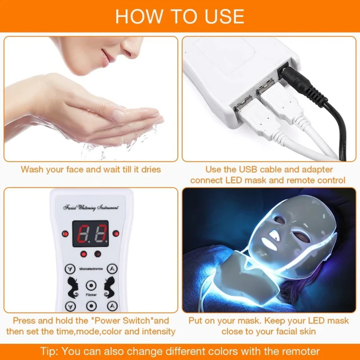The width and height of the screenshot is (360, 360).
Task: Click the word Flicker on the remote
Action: (90, 294)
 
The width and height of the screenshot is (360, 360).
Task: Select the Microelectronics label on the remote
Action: (90, 268)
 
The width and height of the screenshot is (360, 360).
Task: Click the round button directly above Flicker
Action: (90, 285)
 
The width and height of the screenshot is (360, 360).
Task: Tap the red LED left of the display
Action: (64, 233)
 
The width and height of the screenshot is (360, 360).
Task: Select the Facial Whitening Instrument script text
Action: (90, 207)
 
